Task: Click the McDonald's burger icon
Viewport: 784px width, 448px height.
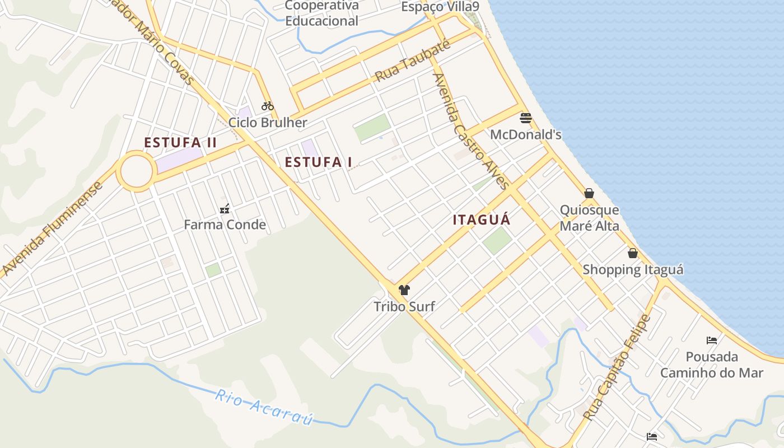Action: (x=525, y=118)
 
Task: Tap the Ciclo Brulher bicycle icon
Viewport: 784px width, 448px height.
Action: (x=268, y=105)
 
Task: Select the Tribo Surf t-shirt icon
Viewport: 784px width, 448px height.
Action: (x=404, y=290)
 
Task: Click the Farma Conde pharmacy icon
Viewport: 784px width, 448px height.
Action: (x=225, y=209)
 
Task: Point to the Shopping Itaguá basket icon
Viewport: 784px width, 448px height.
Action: (x=633, y=253)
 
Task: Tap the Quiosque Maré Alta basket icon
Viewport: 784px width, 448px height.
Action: (x=589, y=193)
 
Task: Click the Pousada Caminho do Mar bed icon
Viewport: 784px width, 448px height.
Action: (x=712, y=340)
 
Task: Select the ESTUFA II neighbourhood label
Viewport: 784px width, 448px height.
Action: (x=180, y=142)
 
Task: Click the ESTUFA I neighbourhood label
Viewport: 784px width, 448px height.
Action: (x=318, y=162)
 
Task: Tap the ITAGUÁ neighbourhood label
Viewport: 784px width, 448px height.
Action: (x=482, y=220)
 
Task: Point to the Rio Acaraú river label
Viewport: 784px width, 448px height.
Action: (x=264, y=407)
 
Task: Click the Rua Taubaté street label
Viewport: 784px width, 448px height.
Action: (x=413, y=62)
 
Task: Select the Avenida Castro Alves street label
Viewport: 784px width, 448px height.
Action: (x=471, y=131)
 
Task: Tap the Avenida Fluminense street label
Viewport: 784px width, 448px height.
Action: (x=52, y=228)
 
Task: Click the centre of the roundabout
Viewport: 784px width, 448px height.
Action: (x=136, y=171)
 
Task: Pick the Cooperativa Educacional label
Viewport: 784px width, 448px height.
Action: (x=321, y=13)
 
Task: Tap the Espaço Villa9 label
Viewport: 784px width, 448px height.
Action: (x=440, y=7)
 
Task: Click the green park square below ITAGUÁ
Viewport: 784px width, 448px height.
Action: (x=497, y=240)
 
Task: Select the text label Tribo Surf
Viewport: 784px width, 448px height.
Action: (x=404, y=307)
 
